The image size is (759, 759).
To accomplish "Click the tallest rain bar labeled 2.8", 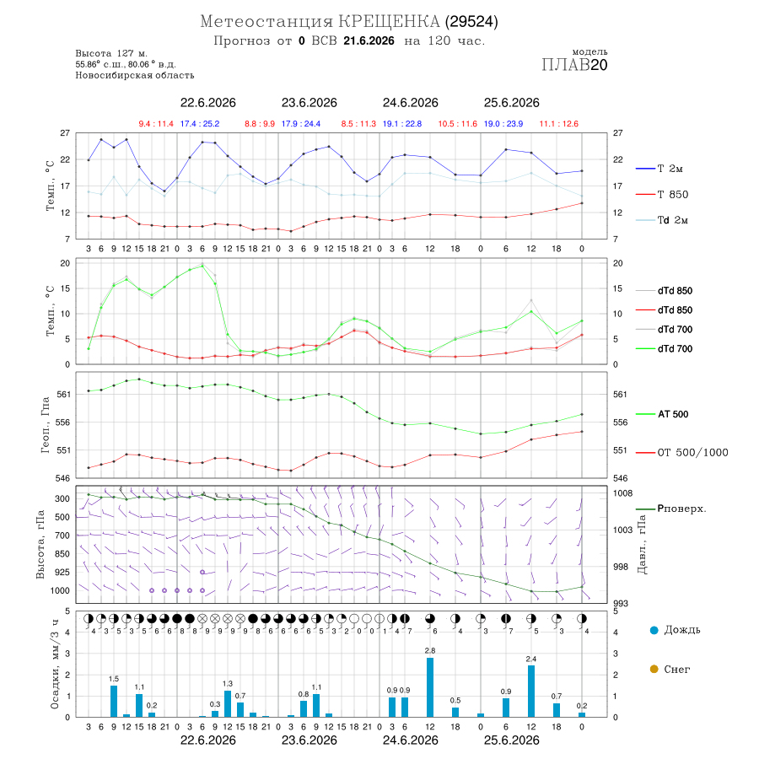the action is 430,686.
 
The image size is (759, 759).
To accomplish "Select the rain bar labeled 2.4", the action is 531,692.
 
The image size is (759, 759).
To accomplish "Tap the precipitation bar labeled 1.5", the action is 114,701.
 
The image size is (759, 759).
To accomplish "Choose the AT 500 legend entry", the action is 662,414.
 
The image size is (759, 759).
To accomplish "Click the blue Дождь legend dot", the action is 654,630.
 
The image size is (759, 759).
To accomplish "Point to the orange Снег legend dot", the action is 654,670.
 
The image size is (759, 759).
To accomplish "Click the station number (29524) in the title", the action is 472,22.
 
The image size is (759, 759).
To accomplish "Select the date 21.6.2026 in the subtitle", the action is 369,41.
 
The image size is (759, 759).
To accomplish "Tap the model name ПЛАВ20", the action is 574,65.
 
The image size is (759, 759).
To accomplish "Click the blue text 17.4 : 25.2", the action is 200,124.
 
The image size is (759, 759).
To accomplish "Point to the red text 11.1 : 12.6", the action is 559,124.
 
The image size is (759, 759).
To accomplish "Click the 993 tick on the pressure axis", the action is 621,604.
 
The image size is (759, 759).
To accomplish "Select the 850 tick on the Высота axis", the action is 62,554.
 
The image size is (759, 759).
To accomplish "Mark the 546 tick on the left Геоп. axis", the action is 64,478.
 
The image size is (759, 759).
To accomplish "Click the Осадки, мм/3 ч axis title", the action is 54,665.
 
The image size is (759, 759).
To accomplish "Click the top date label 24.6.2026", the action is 411,103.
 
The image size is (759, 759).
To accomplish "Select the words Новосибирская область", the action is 135,76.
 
